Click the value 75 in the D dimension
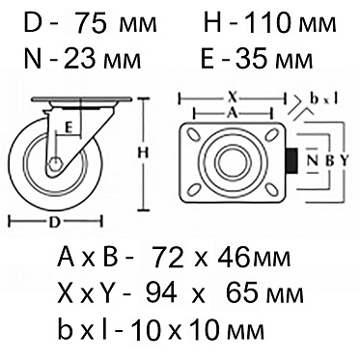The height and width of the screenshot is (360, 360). tap(91, 23)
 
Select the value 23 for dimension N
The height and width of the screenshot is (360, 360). tap(80, 59)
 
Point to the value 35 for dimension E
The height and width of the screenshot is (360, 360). tap(253, 59)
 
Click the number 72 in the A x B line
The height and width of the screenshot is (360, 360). tap(168, 257)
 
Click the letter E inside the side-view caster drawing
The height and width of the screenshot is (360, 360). tap(68, 128)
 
